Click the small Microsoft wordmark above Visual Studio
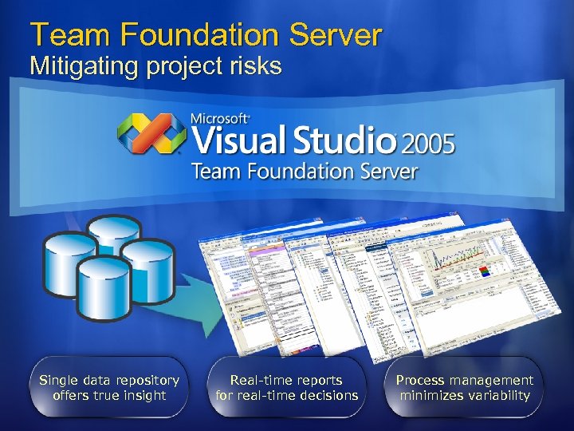point(219,119)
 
